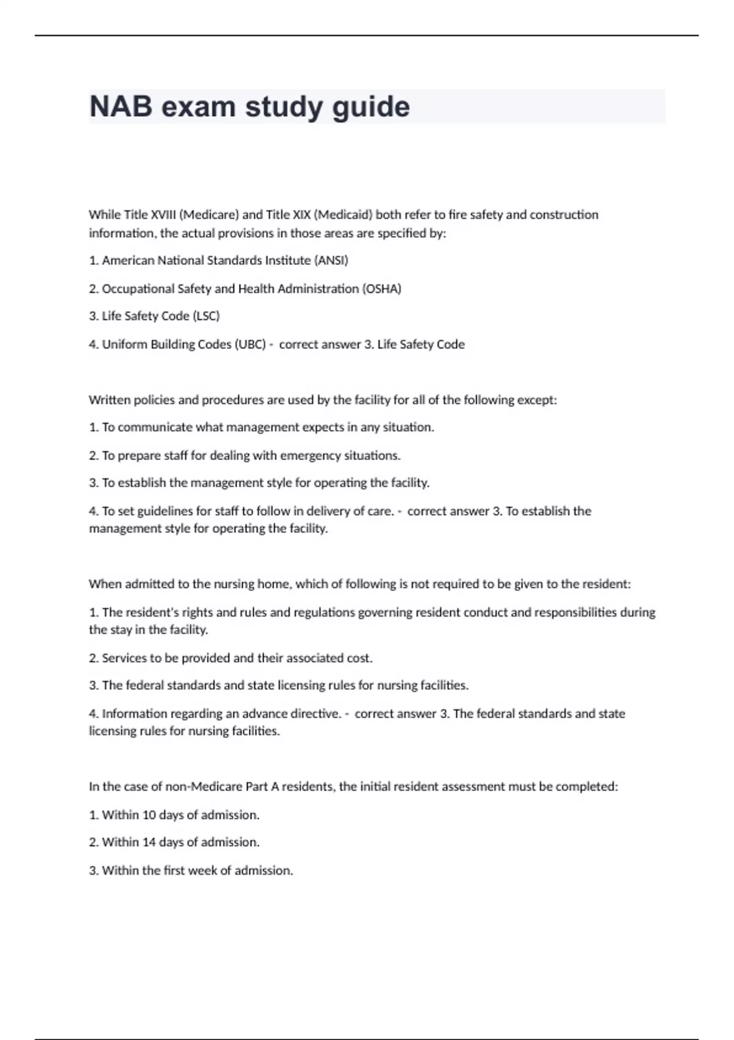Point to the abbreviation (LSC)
tap(206, 316)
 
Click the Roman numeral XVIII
tap(163, 215)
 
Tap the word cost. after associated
tap(360, 658)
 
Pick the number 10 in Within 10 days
tap(149, 815)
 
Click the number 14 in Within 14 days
tap(149, 842)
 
